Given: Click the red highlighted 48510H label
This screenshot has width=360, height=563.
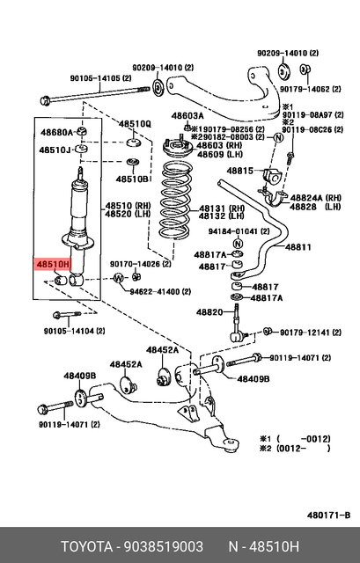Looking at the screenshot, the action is click(x=53, y=265).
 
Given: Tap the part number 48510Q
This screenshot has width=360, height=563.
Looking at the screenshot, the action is click(x=135, y=124).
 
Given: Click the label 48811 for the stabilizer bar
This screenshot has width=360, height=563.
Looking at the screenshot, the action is click(x=298, y=247).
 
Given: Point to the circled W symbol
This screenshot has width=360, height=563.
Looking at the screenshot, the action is click(x=119, y=278).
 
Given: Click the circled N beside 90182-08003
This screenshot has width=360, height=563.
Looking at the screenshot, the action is click(x=279, y=137).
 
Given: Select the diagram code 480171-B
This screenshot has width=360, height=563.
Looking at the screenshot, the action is click(x=328, y=515).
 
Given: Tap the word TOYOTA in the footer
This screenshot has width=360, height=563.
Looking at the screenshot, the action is click(x=86, y=546).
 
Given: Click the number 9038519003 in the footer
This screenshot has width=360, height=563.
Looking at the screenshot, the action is click(x=164, y=546).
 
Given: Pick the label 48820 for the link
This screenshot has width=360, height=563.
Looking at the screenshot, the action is click(x=209, y=312).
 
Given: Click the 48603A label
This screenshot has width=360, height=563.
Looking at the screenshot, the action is click(x=187, y=115).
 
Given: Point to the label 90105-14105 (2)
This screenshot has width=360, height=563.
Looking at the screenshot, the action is click(x=100, y=78).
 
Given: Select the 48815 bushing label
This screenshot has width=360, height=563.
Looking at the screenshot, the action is click(x=239, y=171).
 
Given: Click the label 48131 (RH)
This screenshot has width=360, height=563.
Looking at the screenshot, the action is click(x=222, y=208).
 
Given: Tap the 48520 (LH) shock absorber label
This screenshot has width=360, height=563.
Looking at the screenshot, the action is click(x=128, y=214).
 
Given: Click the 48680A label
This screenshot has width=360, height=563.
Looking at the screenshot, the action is click(x=56, y=132).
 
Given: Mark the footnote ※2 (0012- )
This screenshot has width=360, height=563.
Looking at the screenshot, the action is click(x=295, y=448).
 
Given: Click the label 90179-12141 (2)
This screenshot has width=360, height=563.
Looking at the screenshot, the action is click(x=311, y=333).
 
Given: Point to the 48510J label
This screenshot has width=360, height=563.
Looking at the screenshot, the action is click(x=55, y=150).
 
